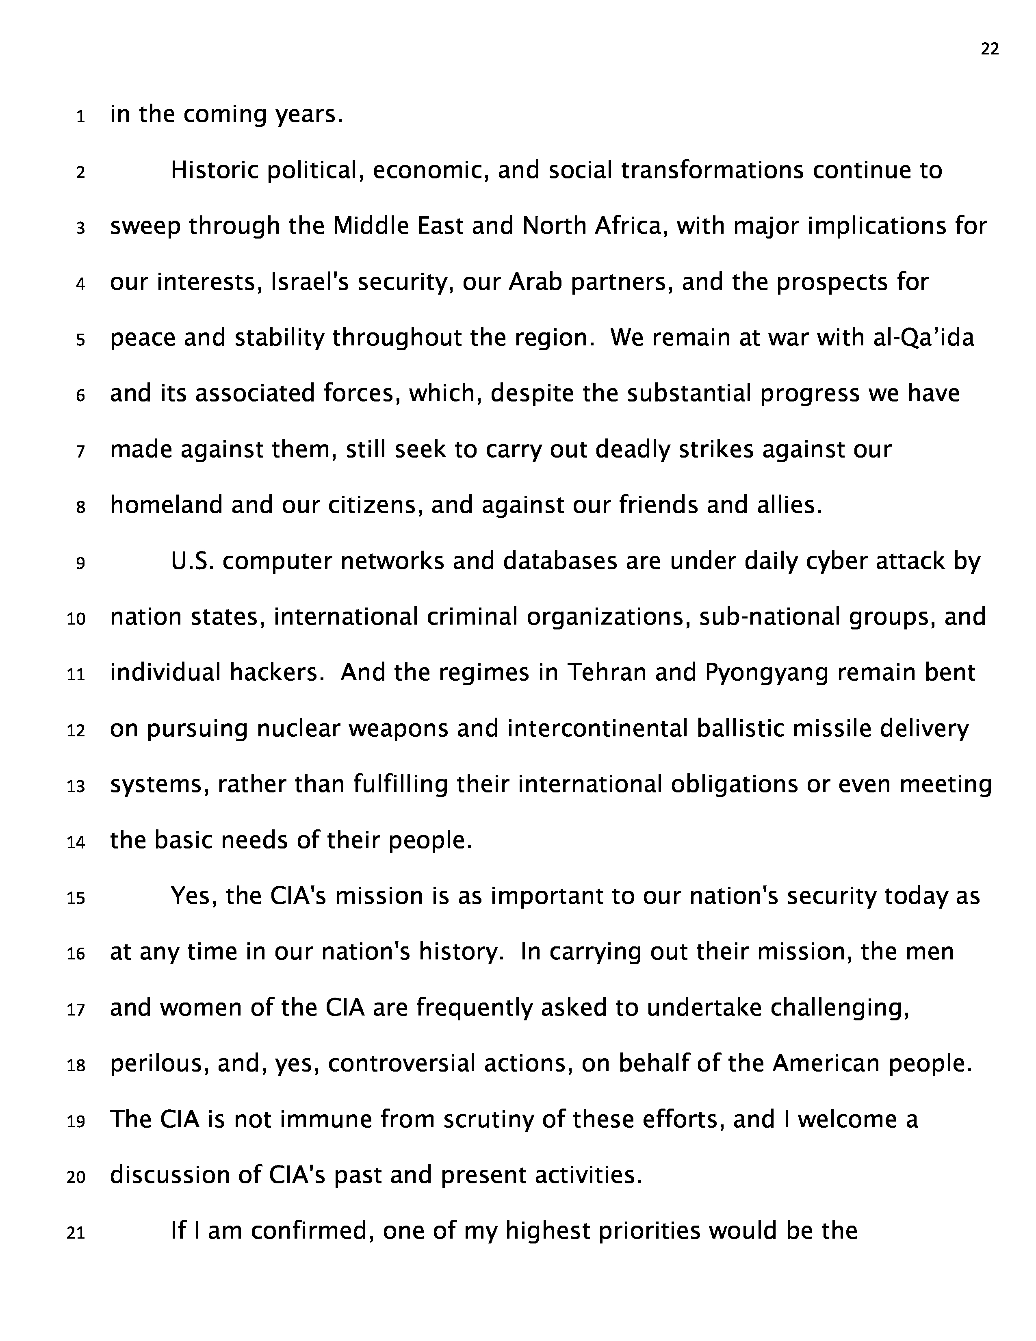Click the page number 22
click(x=989, y=49)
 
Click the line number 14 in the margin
click(x=76, y=842)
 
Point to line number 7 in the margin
click(x=80, y=452)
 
